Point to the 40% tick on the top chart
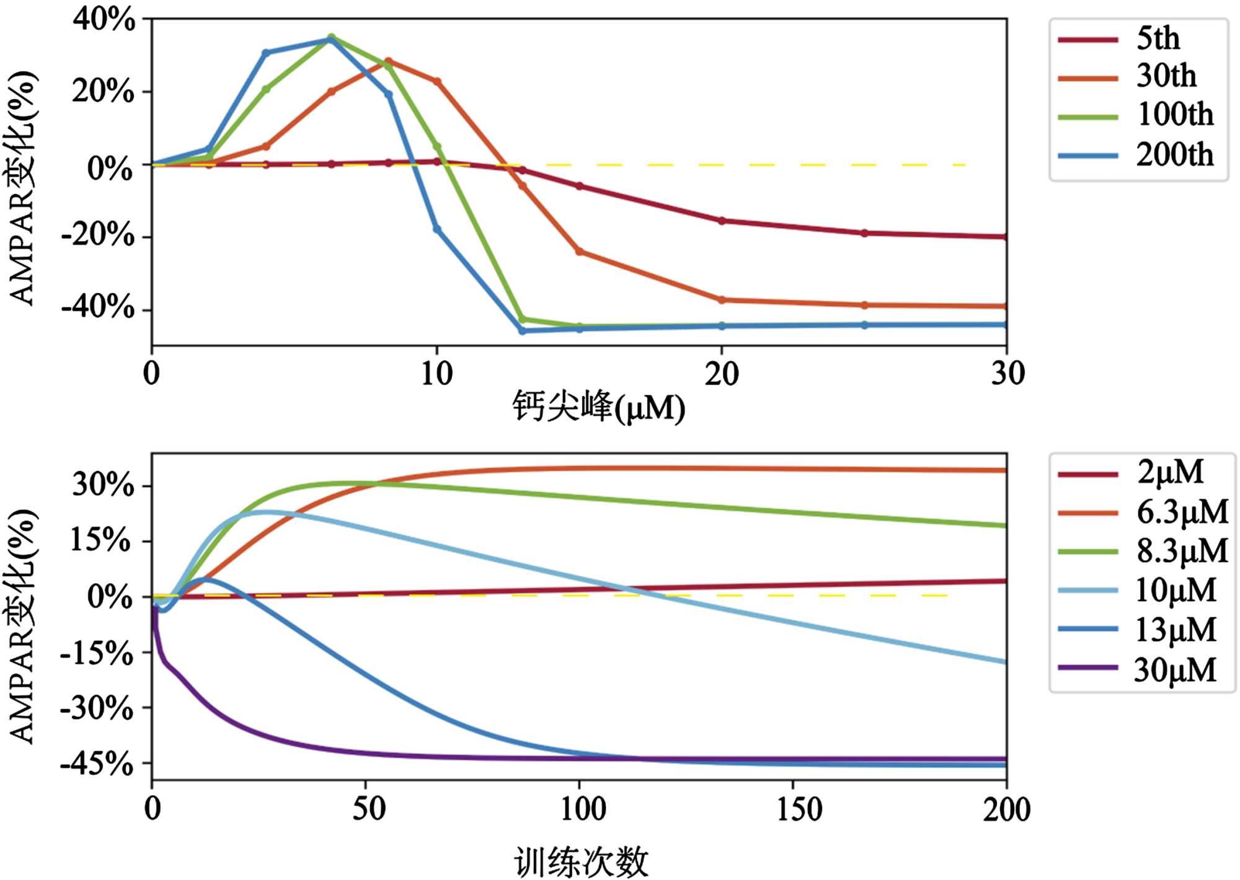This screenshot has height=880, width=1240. [x=104, y=20]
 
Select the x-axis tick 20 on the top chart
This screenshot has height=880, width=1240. [x=722, y=374]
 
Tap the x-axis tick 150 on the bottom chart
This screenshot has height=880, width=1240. [x=800, y=809]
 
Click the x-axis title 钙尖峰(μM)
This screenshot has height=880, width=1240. [x=598, y=408]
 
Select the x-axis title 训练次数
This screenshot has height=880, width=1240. [x=581, y=862]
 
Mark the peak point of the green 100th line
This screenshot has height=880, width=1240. [x=331, y=37]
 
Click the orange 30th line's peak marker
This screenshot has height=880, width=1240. [x=388, y=61]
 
